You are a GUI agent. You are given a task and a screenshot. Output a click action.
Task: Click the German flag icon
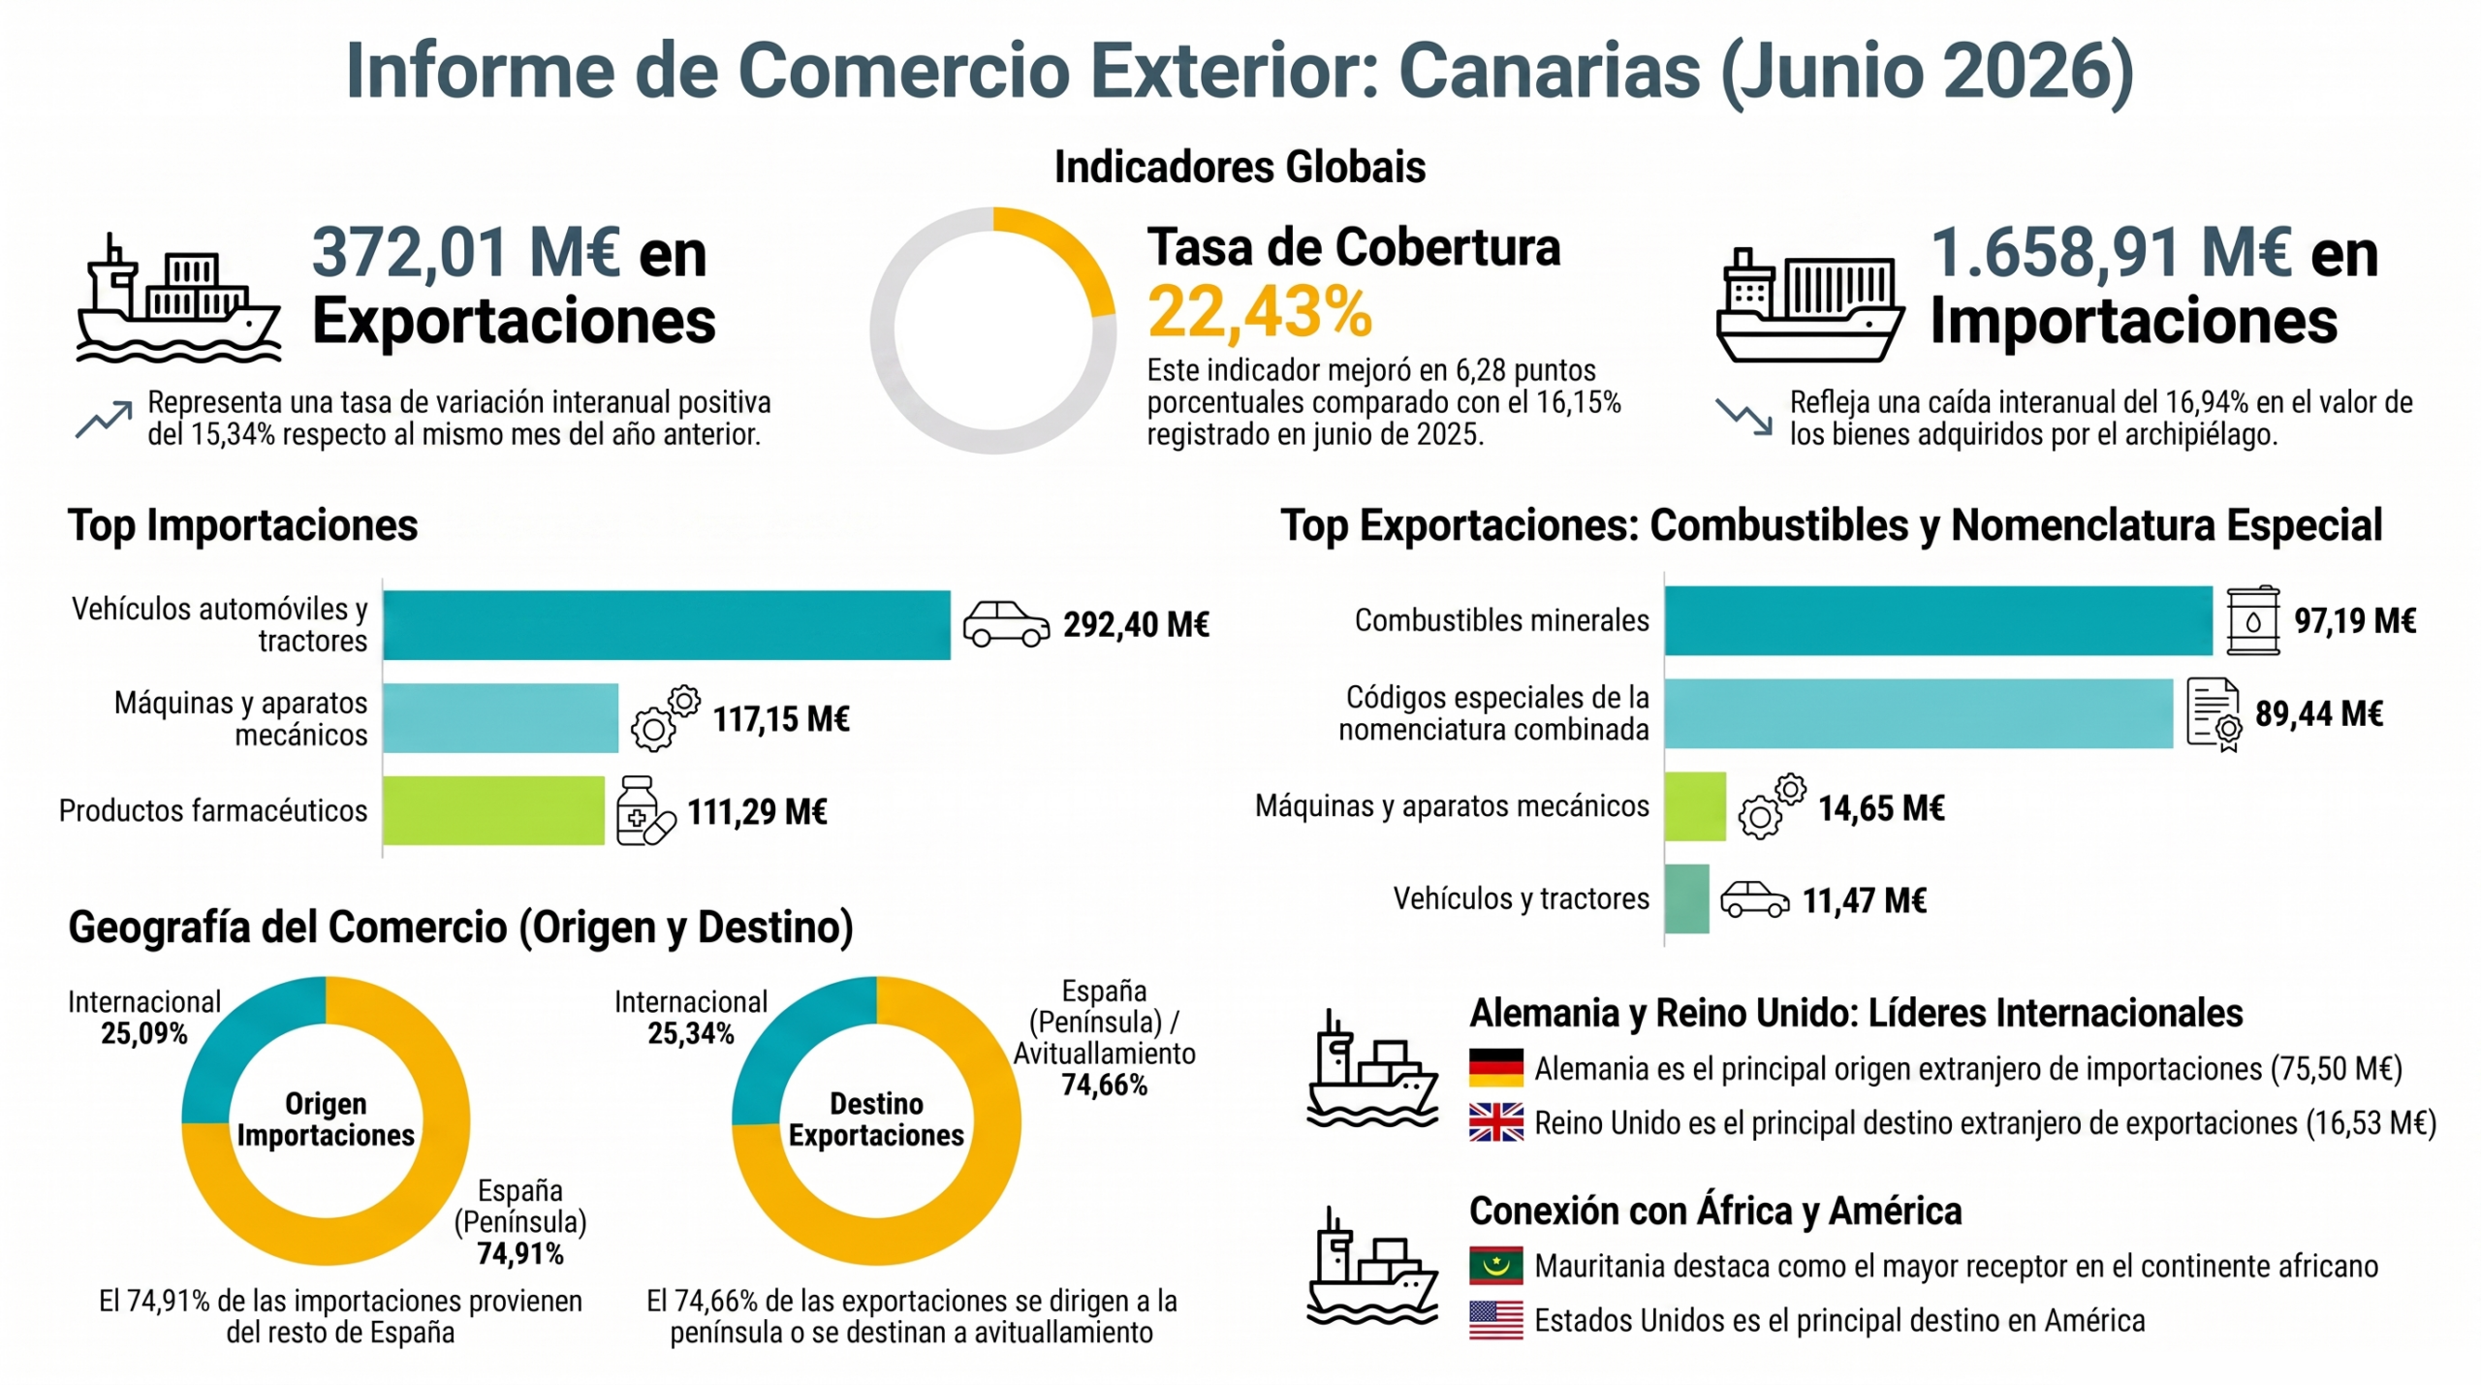click(1495, 1067)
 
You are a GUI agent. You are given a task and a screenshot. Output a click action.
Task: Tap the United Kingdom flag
click(1495, 1122)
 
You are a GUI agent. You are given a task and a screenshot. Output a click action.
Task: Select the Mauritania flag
click(1495, 1265)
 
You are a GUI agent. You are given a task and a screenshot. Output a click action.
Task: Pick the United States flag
click(1495, 1320)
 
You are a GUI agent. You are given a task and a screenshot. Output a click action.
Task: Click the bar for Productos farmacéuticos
click(493, 810)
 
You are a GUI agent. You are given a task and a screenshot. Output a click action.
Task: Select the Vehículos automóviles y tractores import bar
click(667, 625)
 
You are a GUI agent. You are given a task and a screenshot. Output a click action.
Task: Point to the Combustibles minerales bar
click(1938, 620)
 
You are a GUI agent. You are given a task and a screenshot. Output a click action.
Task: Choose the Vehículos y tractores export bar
click(1687, 898)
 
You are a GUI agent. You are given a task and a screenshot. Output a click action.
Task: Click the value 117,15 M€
click(781, 719)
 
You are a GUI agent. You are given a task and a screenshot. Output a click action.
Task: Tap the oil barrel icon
click(2252, 620)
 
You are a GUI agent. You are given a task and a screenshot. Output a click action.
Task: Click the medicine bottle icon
click(644, 810)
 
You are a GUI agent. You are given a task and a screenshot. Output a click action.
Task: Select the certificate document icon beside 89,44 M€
click(2214, 714)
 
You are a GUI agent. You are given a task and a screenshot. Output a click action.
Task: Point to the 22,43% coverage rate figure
click(1260, 312)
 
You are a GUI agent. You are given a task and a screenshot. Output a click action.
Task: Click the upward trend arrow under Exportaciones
click(104, 419)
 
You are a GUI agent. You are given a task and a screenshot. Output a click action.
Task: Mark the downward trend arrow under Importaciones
click(1744, 417)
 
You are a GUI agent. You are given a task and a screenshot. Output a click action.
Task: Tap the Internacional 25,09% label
click(144, 1018)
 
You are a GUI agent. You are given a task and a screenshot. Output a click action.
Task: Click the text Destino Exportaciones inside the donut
click(876, 1118)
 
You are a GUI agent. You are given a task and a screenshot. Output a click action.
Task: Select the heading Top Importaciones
click(242, 525)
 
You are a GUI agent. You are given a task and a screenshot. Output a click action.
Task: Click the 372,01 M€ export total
click(466, 252)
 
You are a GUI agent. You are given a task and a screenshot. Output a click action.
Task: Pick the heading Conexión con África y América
click(1715, 1212)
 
